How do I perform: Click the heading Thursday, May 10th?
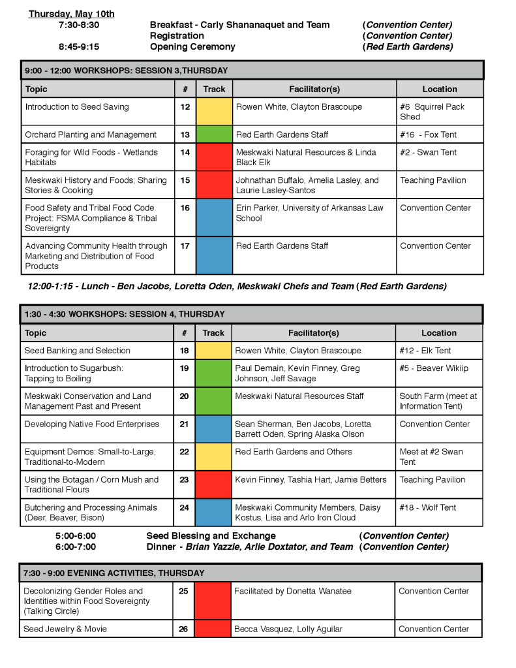[72, 14]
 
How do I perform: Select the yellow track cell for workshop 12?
[214, 111]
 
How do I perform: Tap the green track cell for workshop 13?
[214, 135]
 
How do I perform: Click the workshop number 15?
[185, 180]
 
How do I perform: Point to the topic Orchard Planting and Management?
[91, 135]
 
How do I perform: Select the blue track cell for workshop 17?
[214, 255]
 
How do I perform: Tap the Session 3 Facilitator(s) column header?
[314, 89]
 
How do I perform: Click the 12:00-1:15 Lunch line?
[237, 286]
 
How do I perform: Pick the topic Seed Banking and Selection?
[77, 351]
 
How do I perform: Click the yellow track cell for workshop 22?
[213, 456]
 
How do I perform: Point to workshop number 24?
[184, 507]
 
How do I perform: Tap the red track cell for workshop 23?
[213, 485]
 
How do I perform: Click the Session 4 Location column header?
[438, 333]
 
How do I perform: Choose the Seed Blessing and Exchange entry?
[211, 536]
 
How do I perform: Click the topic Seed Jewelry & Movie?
[65, 629]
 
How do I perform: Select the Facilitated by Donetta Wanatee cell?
[292, 591]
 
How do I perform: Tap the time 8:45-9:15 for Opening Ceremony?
[79, 47]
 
